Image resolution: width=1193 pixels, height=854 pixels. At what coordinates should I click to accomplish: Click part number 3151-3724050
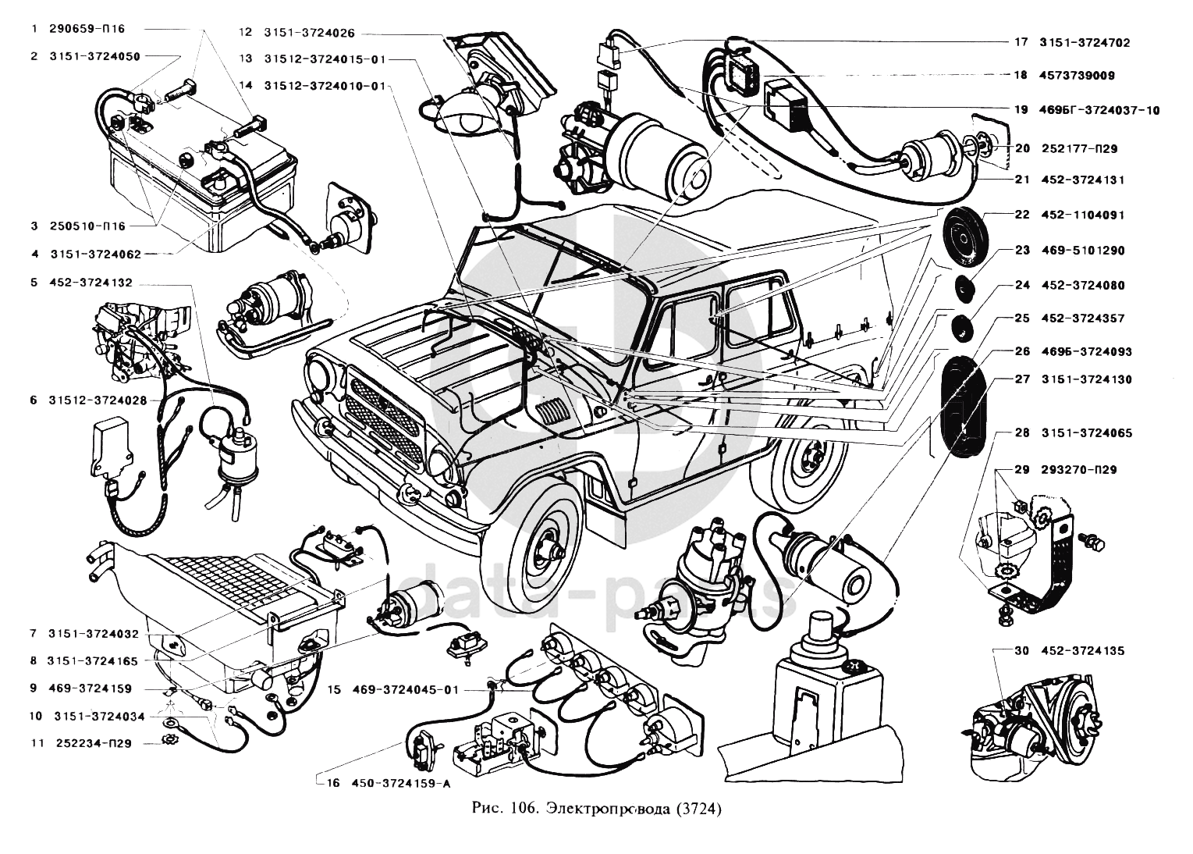[94, 57]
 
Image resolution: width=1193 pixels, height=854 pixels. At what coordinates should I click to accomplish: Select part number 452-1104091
[1082, 215]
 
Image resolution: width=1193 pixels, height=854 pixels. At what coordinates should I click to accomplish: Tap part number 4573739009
[1077, 76]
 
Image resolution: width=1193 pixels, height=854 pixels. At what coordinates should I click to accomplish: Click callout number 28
[1022, 433]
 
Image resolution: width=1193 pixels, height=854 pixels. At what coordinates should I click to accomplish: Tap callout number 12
[245, 33]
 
